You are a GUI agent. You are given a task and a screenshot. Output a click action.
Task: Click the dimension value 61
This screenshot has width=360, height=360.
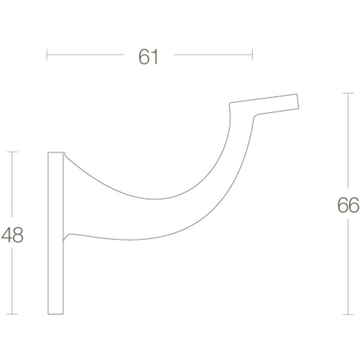[148, 57]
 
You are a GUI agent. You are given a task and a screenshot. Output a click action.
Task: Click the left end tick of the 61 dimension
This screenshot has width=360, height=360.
[47, 54]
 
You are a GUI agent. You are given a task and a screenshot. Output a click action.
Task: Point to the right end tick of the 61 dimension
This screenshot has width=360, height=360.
[252, 54]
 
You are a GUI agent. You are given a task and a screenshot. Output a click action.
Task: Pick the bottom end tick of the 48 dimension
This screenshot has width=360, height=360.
[12, 314]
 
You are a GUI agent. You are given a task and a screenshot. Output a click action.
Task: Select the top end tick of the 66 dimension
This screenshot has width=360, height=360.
[348, 93]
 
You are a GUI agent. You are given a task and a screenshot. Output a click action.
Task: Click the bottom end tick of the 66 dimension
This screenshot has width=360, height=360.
[348, 314]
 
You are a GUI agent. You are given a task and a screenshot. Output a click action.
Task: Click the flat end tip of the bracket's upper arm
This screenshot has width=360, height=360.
[297, 101]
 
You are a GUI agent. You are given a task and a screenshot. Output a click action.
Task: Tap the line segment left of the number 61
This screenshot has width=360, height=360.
[85, 54]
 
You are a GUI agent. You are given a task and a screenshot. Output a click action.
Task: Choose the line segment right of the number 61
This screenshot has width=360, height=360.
[213, 54]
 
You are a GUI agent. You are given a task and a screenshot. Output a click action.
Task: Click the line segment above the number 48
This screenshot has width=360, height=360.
[12, 185]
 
